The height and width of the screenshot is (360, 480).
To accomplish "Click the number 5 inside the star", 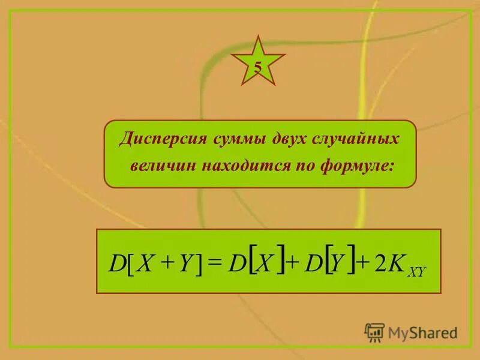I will tap(257, 67).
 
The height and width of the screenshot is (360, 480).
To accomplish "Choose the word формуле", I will tap(361, 166).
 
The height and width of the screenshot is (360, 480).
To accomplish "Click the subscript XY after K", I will tap(416, 272).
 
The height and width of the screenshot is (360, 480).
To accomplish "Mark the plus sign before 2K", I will tap(363, 263).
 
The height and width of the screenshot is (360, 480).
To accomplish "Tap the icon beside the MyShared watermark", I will tap(375, 332).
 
